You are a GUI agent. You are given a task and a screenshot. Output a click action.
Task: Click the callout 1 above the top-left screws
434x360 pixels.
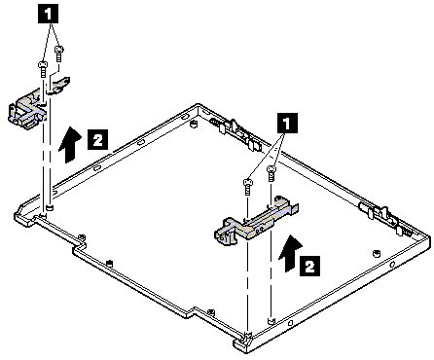coord(49,15)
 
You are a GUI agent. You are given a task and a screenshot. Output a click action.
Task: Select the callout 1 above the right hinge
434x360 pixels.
coord(287,123)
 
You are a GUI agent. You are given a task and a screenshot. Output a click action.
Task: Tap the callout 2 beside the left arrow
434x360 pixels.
coord(97,140)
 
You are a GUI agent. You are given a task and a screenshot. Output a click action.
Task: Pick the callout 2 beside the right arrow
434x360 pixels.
coord(309,266)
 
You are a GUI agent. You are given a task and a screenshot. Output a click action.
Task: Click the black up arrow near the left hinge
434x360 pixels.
coord(70,145)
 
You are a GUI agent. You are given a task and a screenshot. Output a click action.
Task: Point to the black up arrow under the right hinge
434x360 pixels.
coord(290,254)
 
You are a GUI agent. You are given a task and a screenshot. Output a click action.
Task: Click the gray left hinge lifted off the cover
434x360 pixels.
coord(28,111)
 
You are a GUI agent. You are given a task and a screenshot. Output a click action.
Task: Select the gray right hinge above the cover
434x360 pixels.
coord(256,221)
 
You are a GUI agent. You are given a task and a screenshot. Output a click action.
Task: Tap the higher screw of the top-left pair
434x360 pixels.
coord(58,54)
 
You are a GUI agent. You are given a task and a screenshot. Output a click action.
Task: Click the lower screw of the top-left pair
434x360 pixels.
coord(43,69)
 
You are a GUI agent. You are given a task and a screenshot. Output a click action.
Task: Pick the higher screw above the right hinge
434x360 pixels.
coord(271,173)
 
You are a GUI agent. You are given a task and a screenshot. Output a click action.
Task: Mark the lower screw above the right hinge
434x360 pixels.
coord(247,187)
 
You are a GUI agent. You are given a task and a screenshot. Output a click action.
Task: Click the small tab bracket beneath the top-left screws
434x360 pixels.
coord(59,85)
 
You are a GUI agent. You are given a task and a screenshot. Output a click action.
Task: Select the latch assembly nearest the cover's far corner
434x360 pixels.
coord(237,133)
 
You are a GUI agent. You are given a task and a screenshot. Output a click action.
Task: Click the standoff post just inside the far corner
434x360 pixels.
coord(194,124)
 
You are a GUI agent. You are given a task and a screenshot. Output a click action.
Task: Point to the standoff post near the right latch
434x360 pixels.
coord(377,253)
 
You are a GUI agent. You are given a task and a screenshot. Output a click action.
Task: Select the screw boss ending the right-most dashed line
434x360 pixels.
coord(271,320)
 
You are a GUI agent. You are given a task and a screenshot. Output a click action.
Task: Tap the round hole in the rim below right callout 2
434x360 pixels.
coord(393,265)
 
